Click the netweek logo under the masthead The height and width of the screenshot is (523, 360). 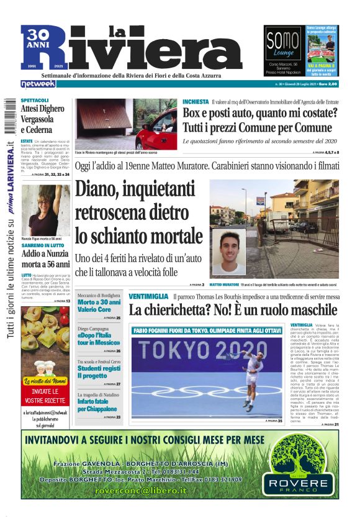click(38, 84)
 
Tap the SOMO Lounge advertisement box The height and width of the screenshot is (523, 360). click(283, 51)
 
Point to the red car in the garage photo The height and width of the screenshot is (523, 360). click(155, 130)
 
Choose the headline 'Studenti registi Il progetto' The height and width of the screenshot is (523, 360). click(99, 372)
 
